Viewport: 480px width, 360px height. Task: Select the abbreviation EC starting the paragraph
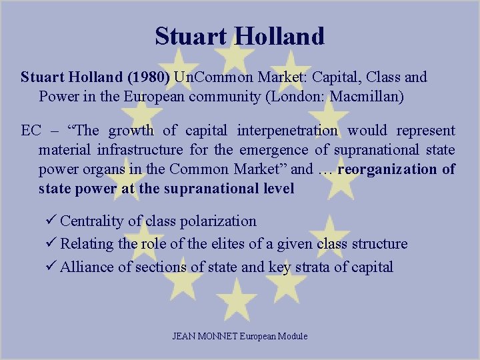pyautogui.click(x=31, y=131)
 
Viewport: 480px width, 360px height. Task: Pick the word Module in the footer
pyautogui.click(x=293, y=336)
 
